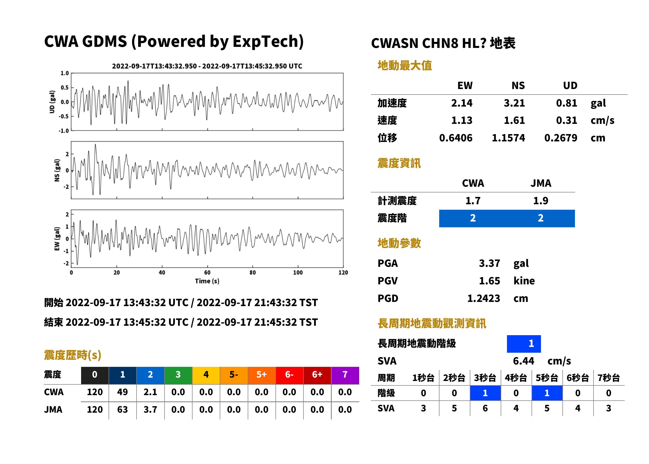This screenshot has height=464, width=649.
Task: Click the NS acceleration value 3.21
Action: coord(514,103)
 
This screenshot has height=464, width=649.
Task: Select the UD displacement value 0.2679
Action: coord(561,138)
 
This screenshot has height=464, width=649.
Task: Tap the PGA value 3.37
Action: coord(489,263)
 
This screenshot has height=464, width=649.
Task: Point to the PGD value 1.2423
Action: coord(483,298)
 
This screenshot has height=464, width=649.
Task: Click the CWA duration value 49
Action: coord(122,392)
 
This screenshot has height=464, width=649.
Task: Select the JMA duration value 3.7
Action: coord(150,410)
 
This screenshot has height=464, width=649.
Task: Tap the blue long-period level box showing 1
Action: coord(524,344)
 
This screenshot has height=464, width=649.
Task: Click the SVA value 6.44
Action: coord(523,361)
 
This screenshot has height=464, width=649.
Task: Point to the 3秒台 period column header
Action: coord(485,378)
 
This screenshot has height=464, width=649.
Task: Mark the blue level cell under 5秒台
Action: coord(547,393)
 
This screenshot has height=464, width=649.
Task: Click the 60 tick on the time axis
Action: coord(207,273)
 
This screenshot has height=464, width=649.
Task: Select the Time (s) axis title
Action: coord(207,281)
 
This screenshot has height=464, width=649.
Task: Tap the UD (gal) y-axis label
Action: coord(52,102)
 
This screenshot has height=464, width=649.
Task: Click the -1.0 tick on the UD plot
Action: coord(64,131)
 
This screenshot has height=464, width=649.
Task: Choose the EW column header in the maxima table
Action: coord(465,85)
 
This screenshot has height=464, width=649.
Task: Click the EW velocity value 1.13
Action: coord(461,120)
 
